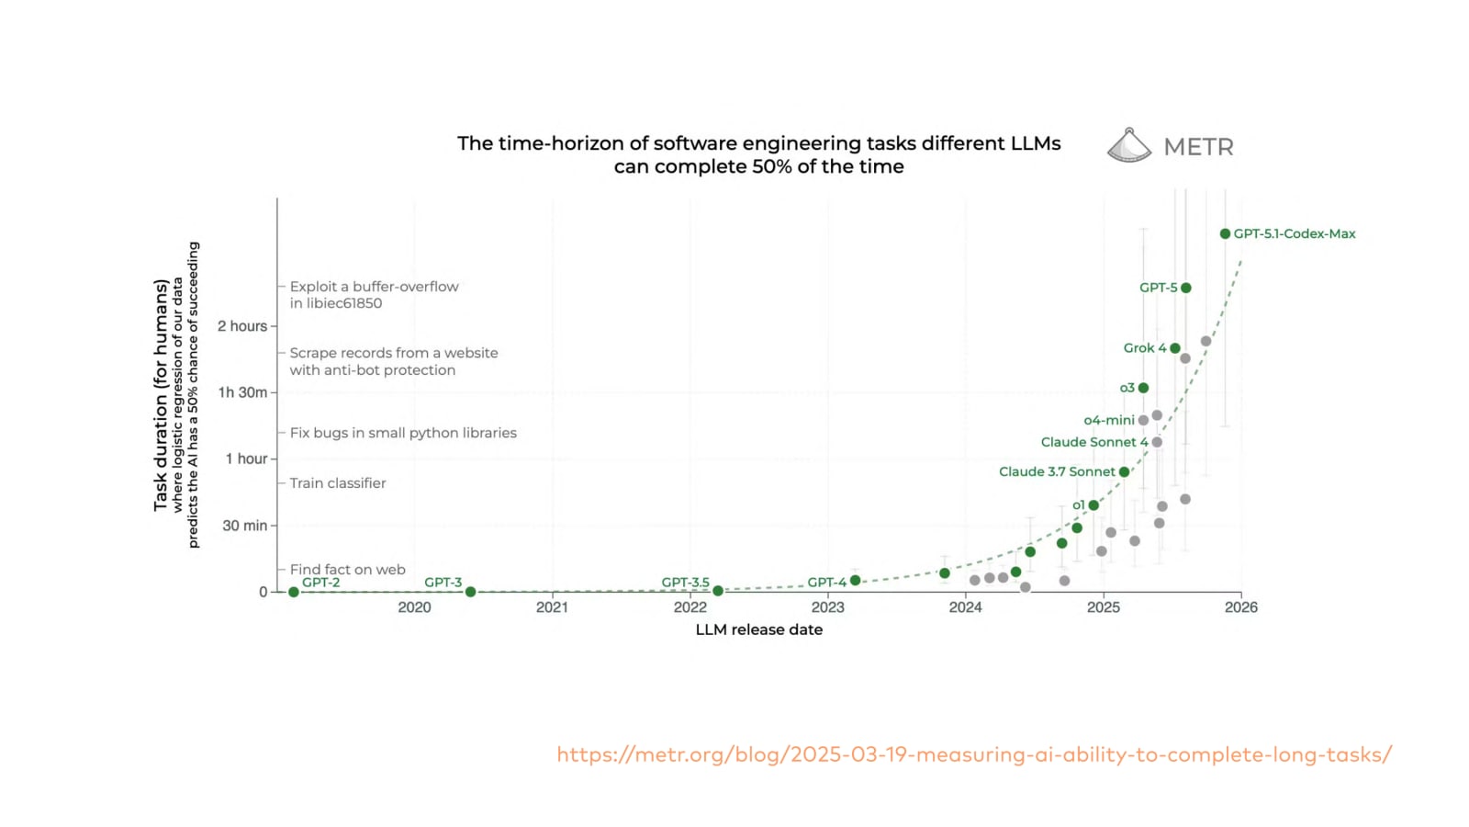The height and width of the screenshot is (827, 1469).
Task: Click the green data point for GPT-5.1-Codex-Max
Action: click(1225, 233)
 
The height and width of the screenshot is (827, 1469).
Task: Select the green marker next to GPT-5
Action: click(1186, 288)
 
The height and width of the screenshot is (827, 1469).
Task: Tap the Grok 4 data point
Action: click(1175, 348)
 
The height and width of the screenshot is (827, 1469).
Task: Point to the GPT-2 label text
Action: click(320, 582)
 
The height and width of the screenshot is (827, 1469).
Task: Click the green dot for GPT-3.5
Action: click(718, 591)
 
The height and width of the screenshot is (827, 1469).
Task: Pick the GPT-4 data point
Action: click(856, 581)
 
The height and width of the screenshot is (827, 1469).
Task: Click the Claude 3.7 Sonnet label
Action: click(1057, 471)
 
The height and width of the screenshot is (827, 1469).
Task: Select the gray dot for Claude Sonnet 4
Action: click(1157, 442)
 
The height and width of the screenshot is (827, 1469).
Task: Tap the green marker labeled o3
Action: click(1143, 388)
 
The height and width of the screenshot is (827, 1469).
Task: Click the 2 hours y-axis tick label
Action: click(242, 326)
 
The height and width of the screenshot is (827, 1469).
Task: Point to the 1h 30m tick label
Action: click(242, 392)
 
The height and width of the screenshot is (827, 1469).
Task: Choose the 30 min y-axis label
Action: click(244, 526)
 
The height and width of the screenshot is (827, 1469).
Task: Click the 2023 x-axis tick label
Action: click(827, 606)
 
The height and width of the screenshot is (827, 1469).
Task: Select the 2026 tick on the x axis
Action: click(1240, 606)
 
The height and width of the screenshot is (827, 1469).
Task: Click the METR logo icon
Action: click(1129, 145)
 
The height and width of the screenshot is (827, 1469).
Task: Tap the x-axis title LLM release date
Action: click(758, 629)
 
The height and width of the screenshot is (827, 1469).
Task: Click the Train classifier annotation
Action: click(338, 483)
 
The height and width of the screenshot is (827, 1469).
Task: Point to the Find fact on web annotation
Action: click(347, 570)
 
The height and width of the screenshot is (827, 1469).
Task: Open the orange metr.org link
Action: click(974, 754)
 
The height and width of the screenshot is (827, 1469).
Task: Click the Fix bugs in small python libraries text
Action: click(403, 433)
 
